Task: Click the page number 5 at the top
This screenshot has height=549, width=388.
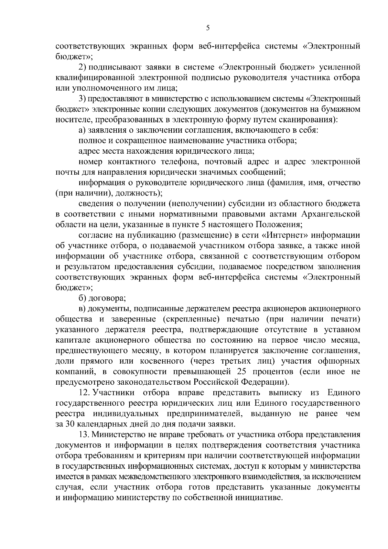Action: tap(208, 28)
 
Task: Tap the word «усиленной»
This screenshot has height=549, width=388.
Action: tap(339, 67)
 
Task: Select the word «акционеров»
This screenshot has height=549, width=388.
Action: tap(282, 309)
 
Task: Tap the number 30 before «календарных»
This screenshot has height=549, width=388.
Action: tap(70, 424)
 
